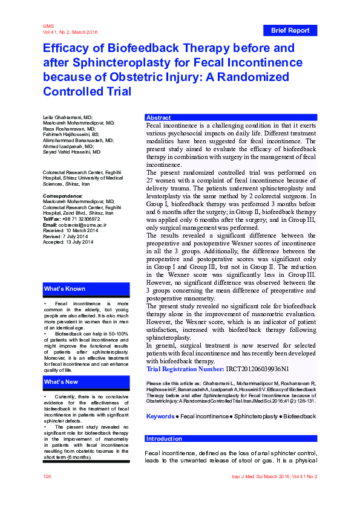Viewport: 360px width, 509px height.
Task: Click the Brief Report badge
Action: (290, 30)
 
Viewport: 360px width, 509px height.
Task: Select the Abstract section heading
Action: (159, 118)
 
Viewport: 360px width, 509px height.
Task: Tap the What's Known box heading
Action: (65, 289)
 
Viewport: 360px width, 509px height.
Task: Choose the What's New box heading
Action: (61, 382)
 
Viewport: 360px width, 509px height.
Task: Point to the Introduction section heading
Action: (165, 439)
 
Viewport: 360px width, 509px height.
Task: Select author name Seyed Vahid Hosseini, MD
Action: (72, 152)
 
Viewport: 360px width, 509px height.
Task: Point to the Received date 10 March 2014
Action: (80, 230)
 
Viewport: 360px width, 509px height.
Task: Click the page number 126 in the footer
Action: (47, 477)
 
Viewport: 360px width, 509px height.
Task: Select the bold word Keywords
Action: (160, 417)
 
